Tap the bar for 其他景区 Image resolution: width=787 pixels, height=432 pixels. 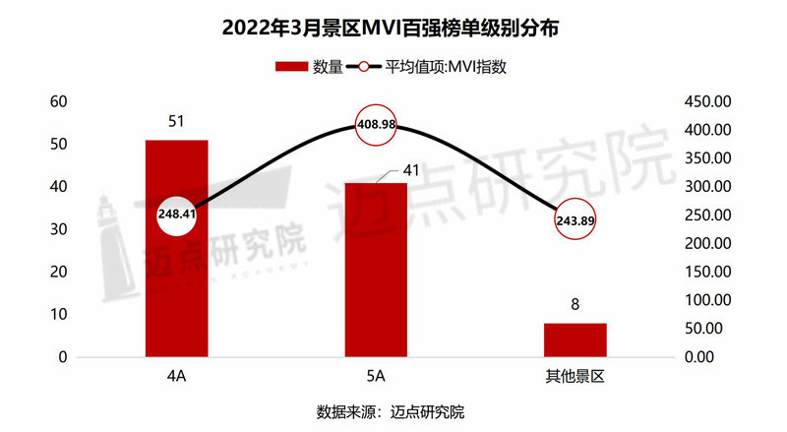tap(575, 339)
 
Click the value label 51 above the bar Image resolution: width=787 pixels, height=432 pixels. tap(177, 122)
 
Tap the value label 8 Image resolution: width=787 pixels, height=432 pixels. tap(575, 305)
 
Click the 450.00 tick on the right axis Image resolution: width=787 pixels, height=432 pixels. tap(706, 101)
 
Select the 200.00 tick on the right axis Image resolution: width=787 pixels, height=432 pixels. tap(706, 243)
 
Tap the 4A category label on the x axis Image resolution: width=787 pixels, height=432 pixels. tap(178, 377)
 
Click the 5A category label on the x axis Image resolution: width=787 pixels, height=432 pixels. tap(377, 377)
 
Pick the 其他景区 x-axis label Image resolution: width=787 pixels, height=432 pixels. tap(575, 377)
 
